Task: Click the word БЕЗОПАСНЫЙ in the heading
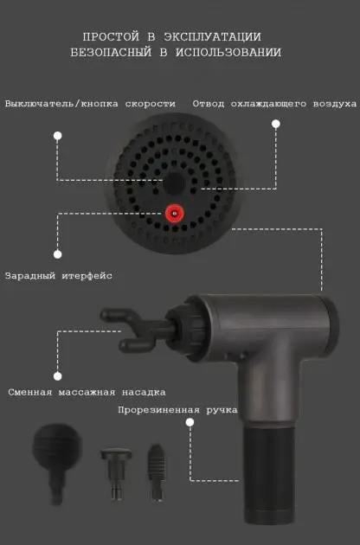110,53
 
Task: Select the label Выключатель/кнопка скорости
90,104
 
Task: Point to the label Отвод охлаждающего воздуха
274,104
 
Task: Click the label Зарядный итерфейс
59,276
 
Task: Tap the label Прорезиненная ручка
177,410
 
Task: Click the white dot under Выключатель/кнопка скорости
57,136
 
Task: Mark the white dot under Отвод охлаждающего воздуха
275,124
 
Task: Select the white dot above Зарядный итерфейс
57,254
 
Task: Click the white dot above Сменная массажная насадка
57,375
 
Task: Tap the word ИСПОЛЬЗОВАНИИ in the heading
229,53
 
